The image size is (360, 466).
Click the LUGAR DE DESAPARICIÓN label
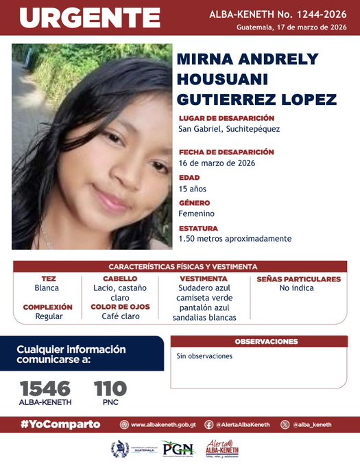pos(226,118)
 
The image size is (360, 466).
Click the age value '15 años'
pos(192,189)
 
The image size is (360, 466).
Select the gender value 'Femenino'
pos(196,213)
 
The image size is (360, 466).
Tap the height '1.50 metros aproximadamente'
pos(235,239)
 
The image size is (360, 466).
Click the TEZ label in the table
pos(49,279)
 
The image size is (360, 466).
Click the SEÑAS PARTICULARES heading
pos(298,279)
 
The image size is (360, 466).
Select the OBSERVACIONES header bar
pos(266,341)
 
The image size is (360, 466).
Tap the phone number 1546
pos(45,388)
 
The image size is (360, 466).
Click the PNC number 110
pos(110,388)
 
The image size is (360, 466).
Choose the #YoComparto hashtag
pos(60,424)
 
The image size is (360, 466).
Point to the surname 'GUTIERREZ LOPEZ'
pos(257,99)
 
